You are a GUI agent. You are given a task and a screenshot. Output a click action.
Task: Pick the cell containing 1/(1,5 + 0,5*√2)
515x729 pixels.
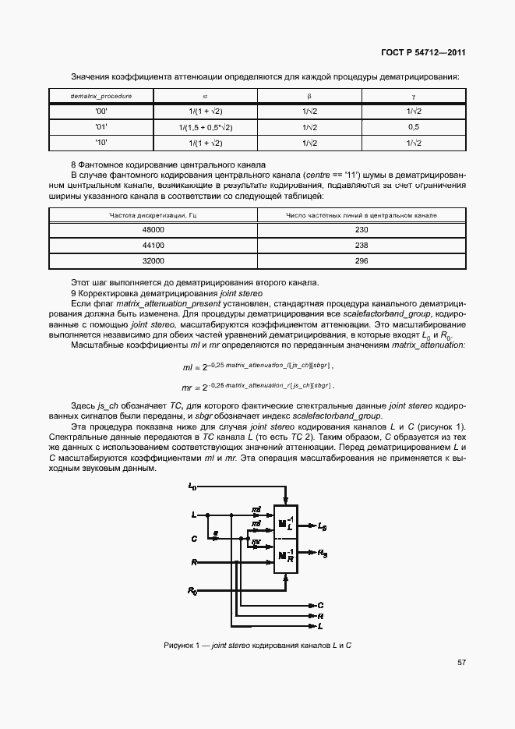tap(206, 127)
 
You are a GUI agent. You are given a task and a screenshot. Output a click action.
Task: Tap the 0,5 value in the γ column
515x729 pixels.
tap(414, 127)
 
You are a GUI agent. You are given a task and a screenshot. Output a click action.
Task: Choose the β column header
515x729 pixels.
tap(309, 95)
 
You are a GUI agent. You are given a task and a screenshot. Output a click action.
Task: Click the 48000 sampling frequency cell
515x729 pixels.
tap(153, 230)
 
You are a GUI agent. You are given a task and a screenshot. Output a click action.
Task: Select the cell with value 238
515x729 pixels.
tap(362, 245)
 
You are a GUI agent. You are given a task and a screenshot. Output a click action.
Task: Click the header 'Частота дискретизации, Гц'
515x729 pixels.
tap(153, 214)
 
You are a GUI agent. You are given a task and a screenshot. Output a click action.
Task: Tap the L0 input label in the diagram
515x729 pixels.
tap(192, 487)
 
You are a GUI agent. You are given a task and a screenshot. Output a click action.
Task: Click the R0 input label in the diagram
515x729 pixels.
tap(192, 593)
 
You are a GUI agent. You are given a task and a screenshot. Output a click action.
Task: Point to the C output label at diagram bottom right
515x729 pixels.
tap(320, 605)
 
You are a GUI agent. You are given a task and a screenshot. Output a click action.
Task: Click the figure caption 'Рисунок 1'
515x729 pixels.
tap(258, 646)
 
